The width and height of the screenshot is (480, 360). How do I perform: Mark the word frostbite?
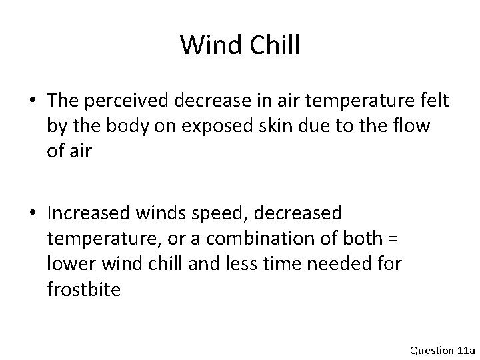pyautogui.click(x=83, y=289)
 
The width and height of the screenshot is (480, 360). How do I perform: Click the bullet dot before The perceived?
pyautogui.click(x=32, y=102)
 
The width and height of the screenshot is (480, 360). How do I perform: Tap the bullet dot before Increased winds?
pyautogui.click(x=32, y=214)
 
